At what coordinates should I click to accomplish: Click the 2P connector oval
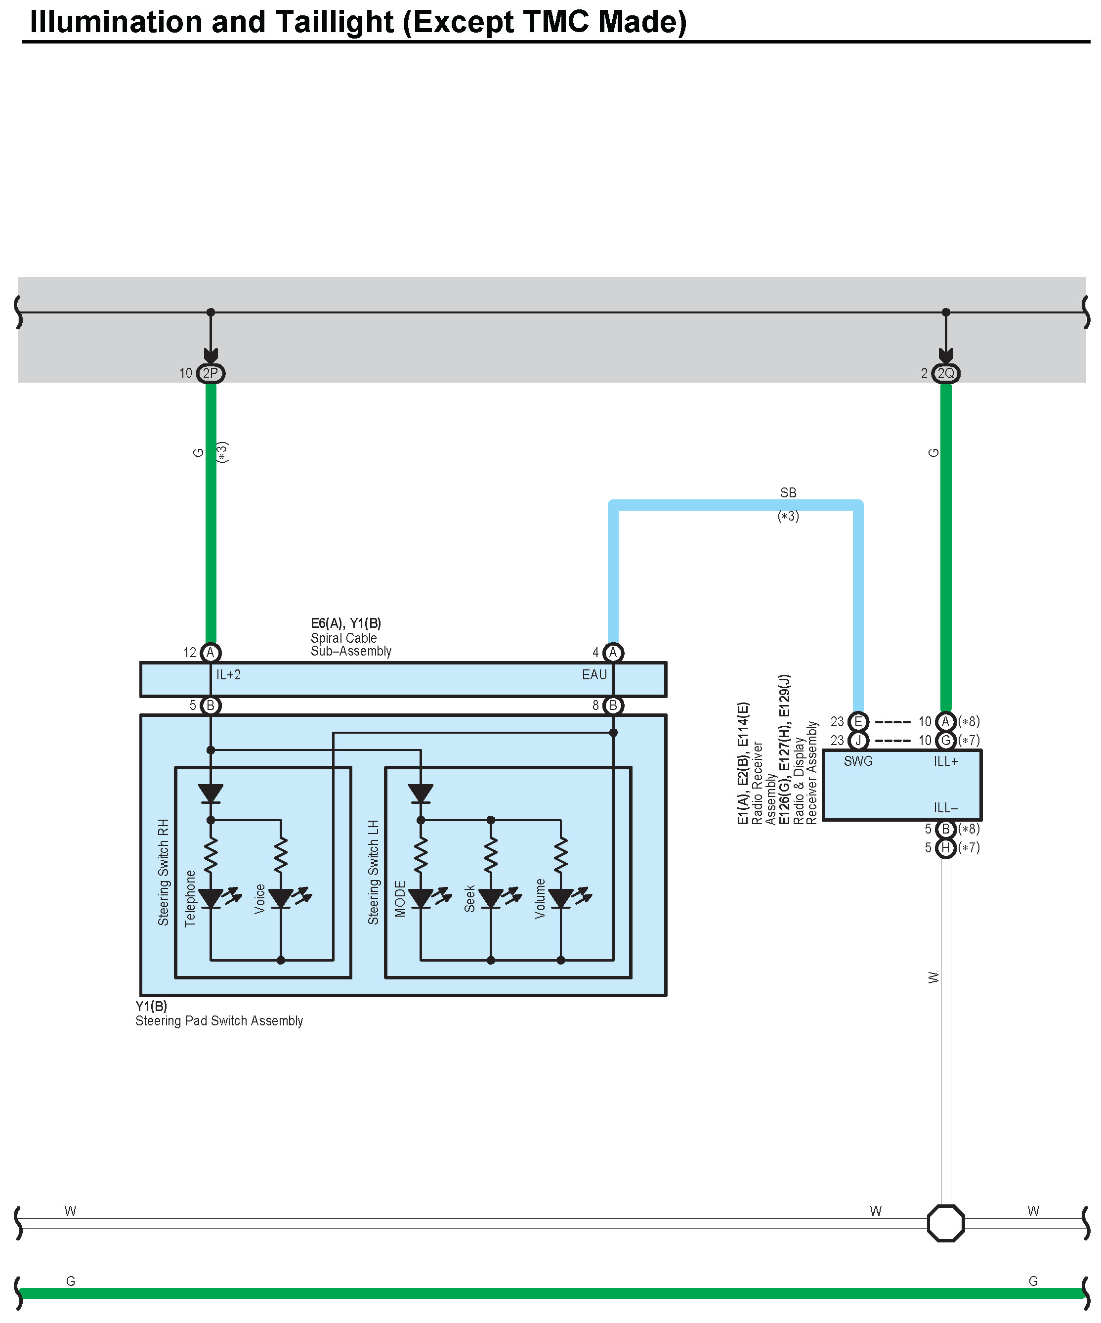click(211, 373)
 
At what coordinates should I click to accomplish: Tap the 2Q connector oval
click(945, 373)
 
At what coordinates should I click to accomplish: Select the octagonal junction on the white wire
click(945, 1223)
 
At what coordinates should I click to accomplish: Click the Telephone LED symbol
click(211, 898)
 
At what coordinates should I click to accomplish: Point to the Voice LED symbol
click(281, 898)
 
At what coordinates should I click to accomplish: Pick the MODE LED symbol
click(421, 898)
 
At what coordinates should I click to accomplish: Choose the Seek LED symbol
click(491, 898)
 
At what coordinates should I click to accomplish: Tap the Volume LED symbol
click(560, 898)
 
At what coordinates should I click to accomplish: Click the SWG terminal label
click(858, 761)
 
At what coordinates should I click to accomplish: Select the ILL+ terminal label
click(945, 761)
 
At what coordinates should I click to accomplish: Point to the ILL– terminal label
click(945, 808)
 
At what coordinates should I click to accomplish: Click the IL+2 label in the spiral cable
click(228, 675)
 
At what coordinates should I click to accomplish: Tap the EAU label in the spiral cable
click(594, 675)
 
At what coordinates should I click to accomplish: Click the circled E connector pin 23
click(858, 721)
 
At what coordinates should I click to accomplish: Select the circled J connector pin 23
click(858, 740)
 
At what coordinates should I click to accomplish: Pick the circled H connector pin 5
click(945, 848)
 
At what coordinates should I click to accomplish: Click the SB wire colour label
click(788, 492)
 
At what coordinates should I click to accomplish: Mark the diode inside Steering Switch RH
click(211, 793)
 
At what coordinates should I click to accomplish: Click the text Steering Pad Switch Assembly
click(219, 1020)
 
